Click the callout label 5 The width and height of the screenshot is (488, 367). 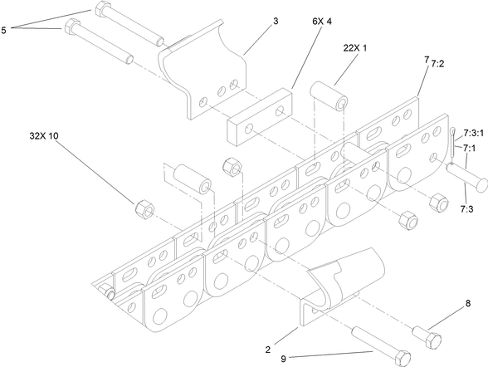[x=3, y=30]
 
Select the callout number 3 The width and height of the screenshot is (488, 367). [x=276, y=21]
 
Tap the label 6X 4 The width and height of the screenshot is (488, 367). [x=322, y=21]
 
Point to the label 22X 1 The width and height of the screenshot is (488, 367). [x=355, y=48]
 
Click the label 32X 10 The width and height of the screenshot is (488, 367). [x=44, y=135]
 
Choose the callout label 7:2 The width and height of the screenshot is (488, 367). [x=437, y=63]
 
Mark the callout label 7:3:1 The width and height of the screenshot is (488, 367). [x=473, y=133]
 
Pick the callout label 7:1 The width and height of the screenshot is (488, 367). [x=469, y=148]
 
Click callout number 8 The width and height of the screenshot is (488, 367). [x=468, y=303]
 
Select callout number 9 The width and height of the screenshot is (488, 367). [x=283, y=359]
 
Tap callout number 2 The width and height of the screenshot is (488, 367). [x=268, y=350]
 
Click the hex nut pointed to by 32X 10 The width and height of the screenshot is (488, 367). [x=144, y=208]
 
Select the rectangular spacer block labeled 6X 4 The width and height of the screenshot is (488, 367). [x=260, y=117]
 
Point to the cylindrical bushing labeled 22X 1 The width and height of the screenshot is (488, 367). [x=329, y=95]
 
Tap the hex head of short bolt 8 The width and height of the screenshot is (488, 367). [x=432, y=340]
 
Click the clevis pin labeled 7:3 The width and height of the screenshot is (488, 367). [x=466, y=177]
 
